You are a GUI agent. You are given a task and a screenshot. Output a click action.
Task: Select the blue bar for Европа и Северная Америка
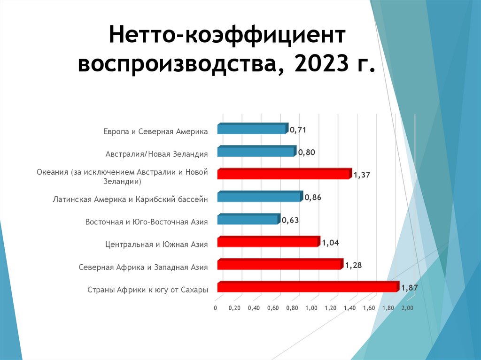(x=252, y=129)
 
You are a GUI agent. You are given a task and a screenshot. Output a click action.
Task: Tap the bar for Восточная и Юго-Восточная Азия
(x=248, y=220)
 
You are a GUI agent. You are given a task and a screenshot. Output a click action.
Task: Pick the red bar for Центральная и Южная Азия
(x=268, y=242)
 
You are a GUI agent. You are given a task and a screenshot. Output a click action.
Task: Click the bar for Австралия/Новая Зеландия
(x=256, y=152)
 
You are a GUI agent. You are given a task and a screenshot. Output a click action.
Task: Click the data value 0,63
(x=290, y=220)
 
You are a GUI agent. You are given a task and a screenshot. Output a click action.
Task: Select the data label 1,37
(x=362, y=175)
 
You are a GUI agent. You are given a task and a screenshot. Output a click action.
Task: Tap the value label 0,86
(x=313, y=198)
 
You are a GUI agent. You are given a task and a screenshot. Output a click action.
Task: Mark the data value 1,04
(x=330, y=243)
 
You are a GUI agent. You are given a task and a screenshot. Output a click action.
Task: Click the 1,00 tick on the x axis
(x=311, y=308)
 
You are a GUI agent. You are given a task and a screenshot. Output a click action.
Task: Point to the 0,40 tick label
(x=254, y=308)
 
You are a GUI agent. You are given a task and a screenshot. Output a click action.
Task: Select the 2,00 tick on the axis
(x=407, y=308)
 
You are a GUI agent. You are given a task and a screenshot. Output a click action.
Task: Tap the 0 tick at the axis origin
(x=215, y=308)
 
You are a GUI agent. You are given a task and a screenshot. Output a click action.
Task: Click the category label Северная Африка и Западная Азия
(x=143, y=268)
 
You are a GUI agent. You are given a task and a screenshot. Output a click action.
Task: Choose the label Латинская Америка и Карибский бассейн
(x=130, y=199)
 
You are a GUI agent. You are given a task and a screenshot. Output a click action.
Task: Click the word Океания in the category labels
(x=53, y=172)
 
